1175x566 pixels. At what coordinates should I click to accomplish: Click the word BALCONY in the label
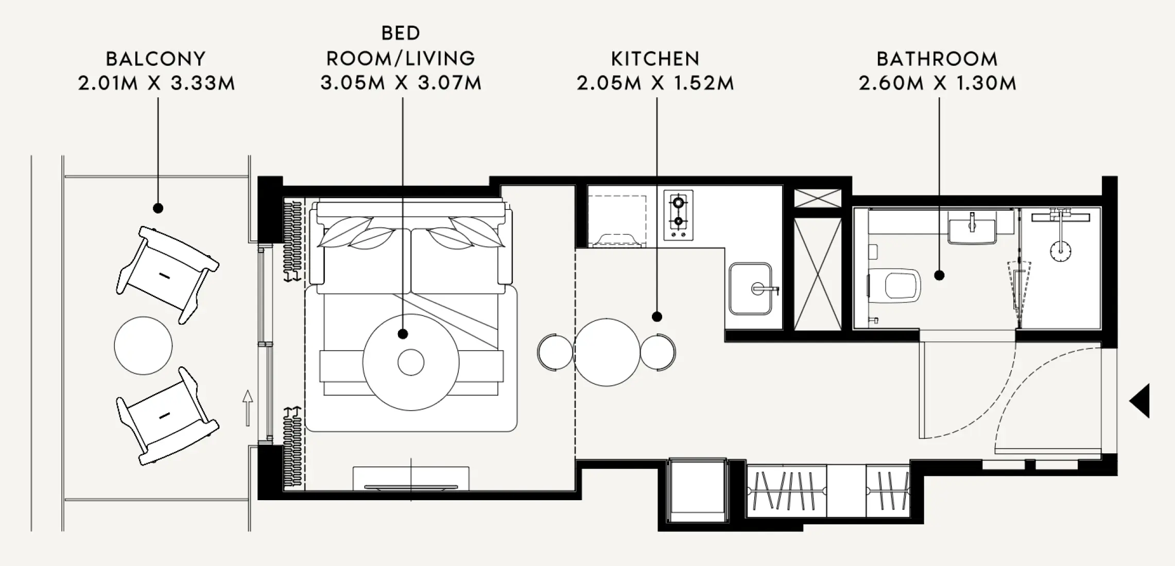(x=155, y=59)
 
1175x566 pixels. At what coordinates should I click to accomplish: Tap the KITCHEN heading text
(x=655, y=59)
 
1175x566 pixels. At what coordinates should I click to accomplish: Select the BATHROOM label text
(x=937, y=59)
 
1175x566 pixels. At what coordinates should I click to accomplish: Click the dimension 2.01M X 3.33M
(x=156, y=83)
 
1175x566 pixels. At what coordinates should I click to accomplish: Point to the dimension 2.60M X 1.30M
(x=937, y=83)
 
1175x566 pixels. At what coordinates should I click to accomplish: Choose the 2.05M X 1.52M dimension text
(x=655, y=83)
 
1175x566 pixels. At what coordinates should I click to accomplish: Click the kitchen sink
(x=751, y=289)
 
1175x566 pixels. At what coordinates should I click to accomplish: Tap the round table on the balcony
(x=143, y=345)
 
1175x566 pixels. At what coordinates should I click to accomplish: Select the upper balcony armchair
(x=167, y=274)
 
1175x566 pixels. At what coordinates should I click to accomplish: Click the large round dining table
(x=607, y=352)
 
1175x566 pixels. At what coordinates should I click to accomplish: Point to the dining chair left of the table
(x=555, y=352)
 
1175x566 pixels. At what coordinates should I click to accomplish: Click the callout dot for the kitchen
(x=656, y=317)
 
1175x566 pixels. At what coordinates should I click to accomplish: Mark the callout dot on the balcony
(x=158, y=208)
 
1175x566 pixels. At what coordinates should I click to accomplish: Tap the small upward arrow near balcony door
(x=248, y=408)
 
